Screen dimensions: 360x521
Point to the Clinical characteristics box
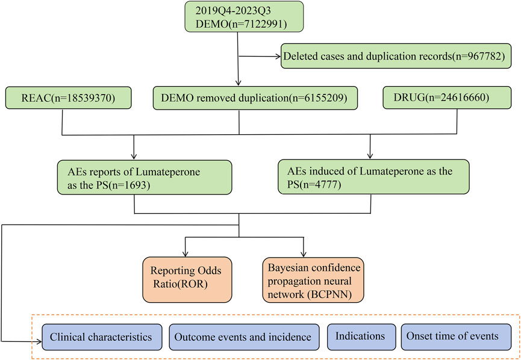101,337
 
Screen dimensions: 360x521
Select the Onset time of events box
452,337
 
